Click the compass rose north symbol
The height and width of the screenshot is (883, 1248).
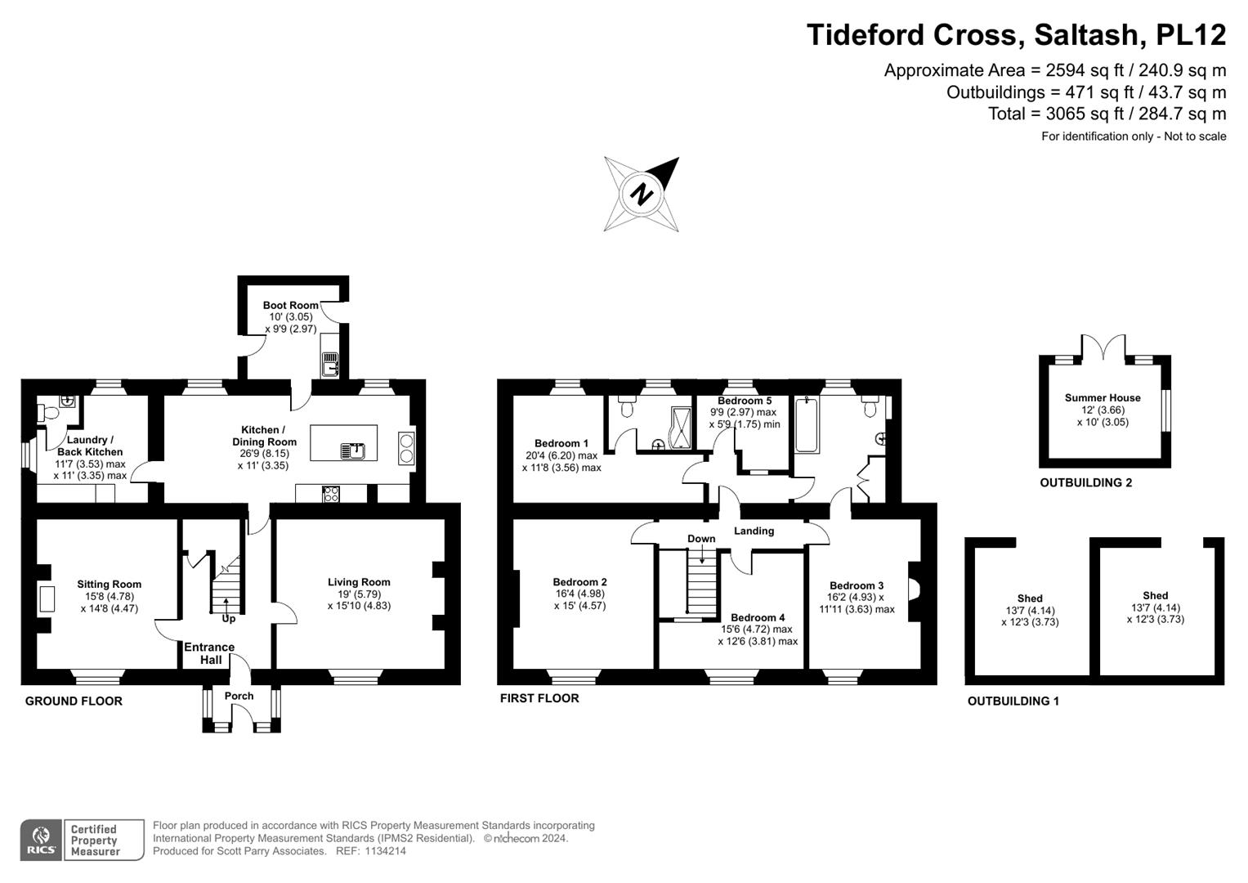tap(642, 195)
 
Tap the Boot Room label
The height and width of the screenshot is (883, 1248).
tap(290, 305)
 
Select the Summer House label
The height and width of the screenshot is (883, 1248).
tap(1102, 398)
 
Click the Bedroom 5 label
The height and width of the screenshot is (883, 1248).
tap(744, 401)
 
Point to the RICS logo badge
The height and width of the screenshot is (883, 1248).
tap(40, 840)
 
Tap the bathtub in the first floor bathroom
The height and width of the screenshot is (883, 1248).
tap(807, 425)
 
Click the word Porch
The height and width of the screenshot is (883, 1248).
tap(239, 696)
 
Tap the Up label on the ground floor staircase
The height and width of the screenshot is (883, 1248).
tap(229, 619)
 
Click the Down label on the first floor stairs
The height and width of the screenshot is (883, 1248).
tap(701, 539)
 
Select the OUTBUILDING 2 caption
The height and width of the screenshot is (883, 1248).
tap(1085, 482)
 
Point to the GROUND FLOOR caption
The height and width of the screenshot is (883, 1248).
tap(74, 701)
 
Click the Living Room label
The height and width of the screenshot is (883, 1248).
tap(359, 582)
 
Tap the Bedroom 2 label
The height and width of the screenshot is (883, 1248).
tap(579, 582)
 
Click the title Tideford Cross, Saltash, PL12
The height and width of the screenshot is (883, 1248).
tap(1016, 35)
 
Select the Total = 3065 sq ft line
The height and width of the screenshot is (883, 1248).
tap(1107, 114)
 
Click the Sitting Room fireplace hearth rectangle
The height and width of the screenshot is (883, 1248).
tap(47, 599)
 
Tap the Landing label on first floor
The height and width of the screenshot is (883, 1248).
tap(754, 531)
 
